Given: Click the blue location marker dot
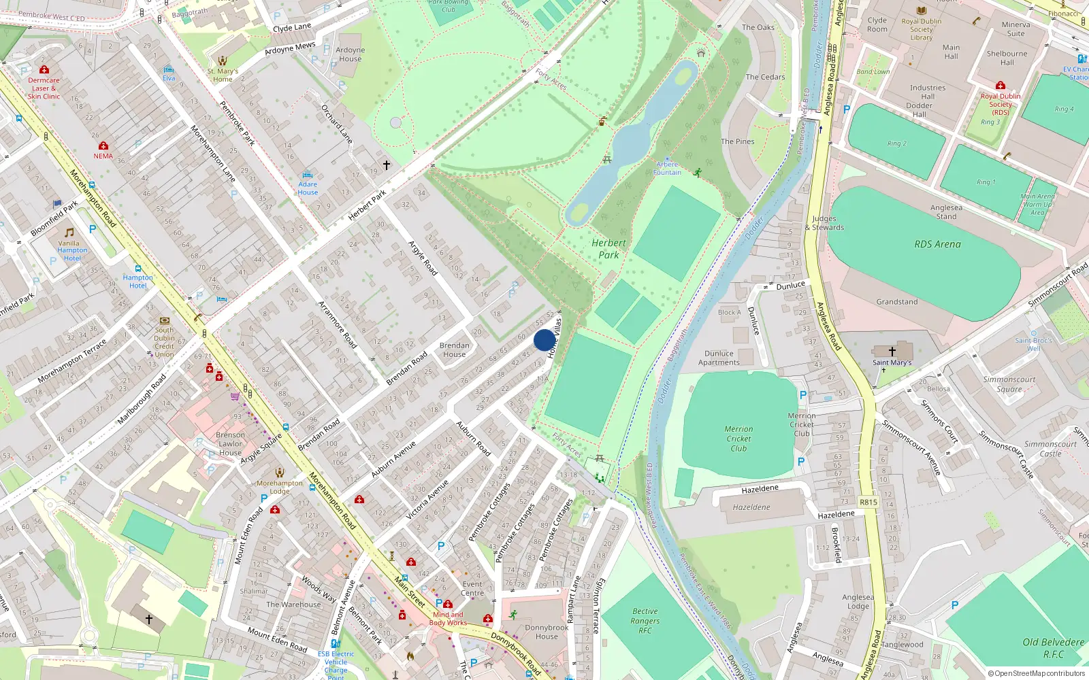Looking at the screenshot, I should [x=544, y=340].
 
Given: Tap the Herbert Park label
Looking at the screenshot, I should [x=608, y=249].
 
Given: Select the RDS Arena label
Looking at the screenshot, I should [x=937, y=244].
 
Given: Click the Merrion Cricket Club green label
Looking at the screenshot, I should [x=738, y=439].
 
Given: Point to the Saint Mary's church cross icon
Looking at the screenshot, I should [x=892, y=352].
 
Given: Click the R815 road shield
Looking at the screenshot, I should [x=868, y=503].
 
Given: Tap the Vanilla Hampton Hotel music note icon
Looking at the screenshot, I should [x=69, y=233].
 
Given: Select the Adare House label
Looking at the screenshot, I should [x=308, y=188].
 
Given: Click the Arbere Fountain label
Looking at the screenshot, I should [x=667, y=169].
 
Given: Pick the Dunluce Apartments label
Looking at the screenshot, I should [x=719, y=358].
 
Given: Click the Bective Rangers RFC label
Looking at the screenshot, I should [x=645, y=621].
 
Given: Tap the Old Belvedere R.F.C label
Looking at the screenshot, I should [x=1053, y=648].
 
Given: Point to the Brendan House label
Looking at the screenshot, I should [x=454, y=350].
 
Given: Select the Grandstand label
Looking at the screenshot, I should [x=896, y=302].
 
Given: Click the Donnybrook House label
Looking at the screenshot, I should [x=546, y=632].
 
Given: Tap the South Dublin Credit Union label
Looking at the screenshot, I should [x=164, y=342].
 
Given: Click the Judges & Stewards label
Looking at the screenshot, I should [x=824, y=223].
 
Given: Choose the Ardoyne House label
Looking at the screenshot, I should [x=350, y=54].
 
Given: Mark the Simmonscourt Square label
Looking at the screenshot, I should [x=1009, y=384].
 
